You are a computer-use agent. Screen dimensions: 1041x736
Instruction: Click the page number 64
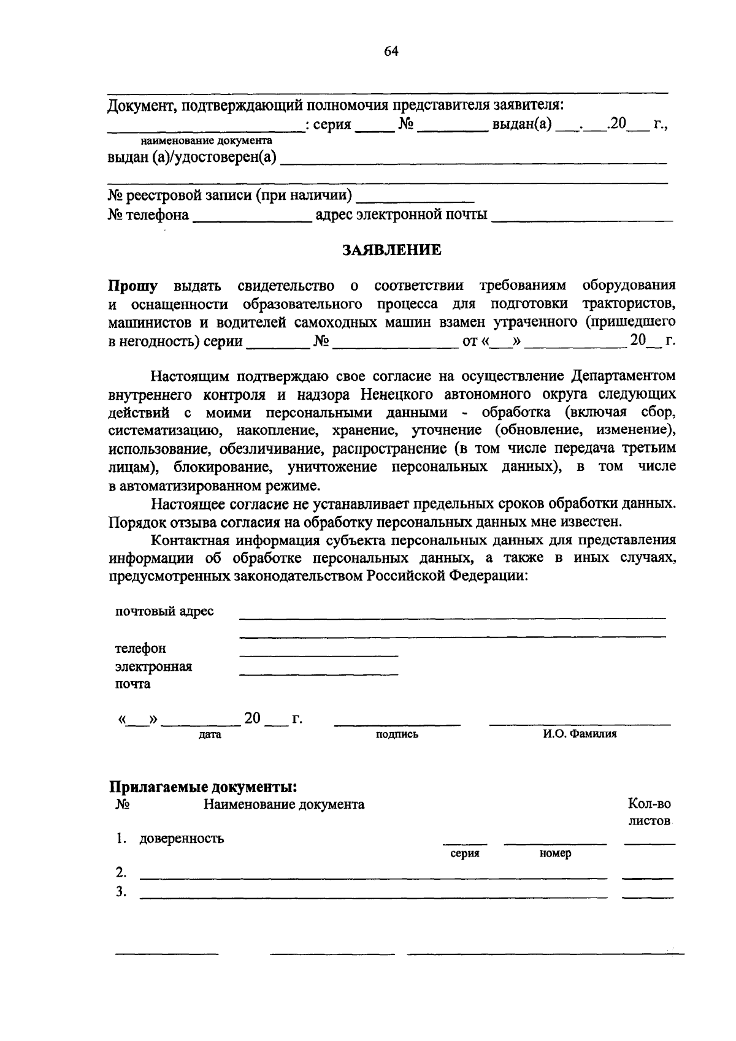tap(391, 51)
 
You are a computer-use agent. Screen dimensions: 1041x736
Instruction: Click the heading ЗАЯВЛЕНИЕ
tap(391, 250)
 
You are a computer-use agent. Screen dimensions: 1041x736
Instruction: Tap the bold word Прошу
tap(133, 286)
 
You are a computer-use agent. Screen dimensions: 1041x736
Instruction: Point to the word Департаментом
tap(624, 375)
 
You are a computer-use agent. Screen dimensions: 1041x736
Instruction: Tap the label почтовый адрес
tap(164, 611)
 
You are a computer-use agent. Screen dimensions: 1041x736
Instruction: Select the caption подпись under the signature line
tap(397, 734)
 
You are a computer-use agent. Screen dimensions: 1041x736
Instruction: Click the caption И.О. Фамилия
tap(579, 734)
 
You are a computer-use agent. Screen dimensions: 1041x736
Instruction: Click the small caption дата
tap(210, 734)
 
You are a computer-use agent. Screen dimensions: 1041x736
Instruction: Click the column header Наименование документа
tap(284, 804)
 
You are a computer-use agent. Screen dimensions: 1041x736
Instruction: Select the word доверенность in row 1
tap(182, 839)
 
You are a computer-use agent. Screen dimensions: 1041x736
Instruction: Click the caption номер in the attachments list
tap(555, 853)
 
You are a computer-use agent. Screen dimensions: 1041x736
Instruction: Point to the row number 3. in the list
tap(121, 892)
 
